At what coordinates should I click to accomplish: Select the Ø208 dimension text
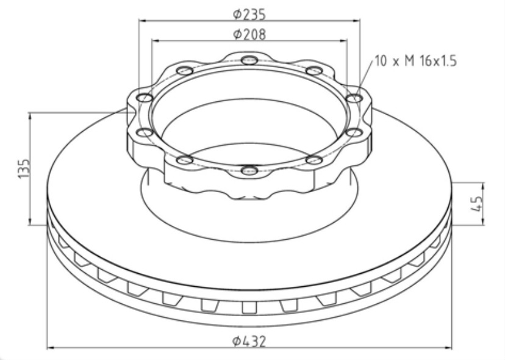coord(249,35)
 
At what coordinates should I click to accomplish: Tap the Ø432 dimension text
coord(249,341)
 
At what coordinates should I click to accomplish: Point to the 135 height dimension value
coord(23,168)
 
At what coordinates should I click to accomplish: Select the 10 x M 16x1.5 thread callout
coord(414,61)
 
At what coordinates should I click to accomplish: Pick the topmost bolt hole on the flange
coord(249,60)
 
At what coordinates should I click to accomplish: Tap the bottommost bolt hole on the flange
coord(249,171)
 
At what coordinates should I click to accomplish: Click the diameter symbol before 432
coord(236,341)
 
